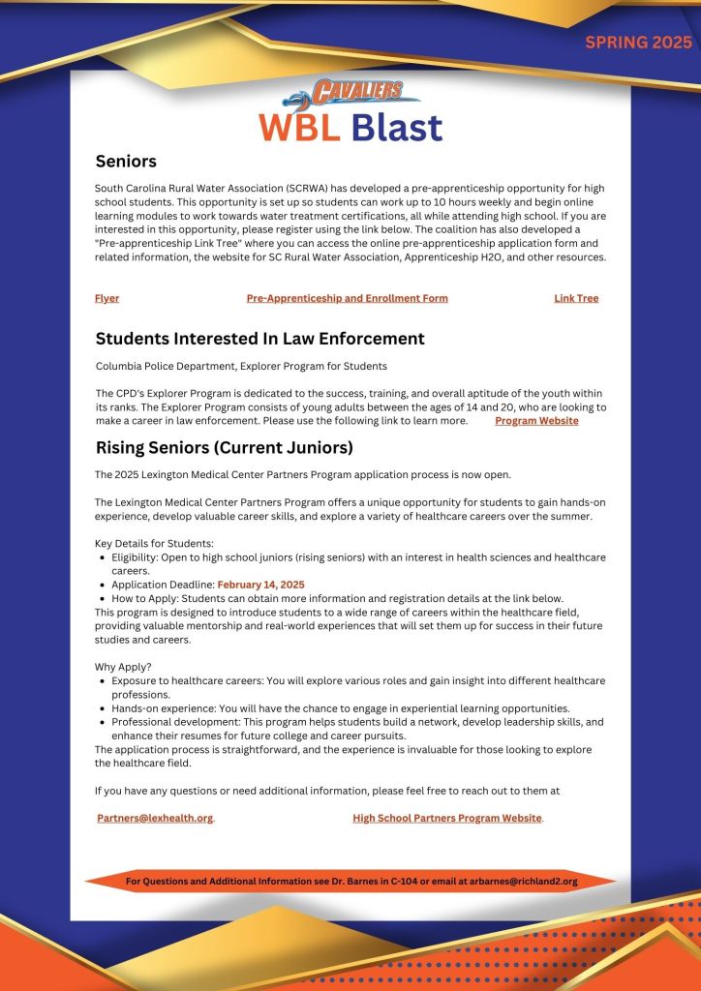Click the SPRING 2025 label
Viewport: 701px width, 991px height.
click(638, 43)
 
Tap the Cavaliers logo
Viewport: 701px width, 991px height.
click(350, 94)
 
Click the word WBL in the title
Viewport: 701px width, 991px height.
click(298, 128)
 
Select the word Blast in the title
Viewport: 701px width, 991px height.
click(396, 128)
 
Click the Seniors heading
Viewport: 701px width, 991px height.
click(126, 161)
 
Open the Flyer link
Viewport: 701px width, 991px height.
click(107, 298)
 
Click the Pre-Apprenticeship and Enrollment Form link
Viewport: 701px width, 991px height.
click(347, 298)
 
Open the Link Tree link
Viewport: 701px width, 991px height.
click(576, 298)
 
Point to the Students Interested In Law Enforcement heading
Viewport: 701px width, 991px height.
click(259, 339)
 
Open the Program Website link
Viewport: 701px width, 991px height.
click(536, 421)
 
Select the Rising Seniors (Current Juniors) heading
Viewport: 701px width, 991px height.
click(224, 448)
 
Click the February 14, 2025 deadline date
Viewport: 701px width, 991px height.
click(260, 585)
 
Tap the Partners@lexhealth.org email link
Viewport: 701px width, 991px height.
click(155, 818)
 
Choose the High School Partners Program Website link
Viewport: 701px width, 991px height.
click(447, 818)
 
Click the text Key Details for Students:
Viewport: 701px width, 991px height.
click(154, 543)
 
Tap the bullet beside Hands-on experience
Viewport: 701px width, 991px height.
click(103, 708)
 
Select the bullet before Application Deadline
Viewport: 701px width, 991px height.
click(103, 585)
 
